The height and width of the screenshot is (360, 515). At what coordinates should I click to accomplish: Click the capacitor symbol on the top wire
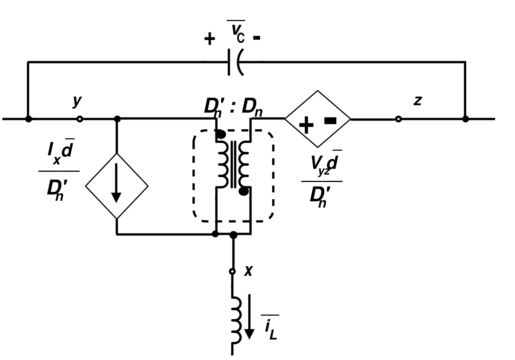pos(236,62)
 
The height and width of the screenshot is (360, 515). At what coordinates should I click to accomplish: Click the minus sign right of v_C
pos(257,38)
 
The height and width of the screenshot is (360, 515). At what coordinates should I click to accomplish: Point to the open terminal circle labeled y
pos(80,119)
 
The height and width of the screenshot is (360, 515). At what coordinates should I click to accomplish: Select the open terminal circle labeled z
pos(398,119)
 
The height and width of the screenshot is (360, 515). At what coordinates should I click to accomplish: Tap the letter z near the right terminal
pos(417,101)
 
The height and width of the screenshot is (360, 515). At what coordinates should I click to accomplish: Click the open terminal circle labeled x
pos(232,271)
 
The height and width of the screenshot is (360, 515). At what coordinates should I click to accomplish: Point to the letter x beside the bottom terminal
pos(248,271)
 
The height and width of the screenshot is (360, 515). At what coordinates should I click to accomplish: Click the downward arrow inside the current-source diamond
pos(116,183)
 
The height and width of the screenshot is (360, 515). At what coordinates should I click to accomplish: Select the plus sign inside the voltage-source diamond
pos(306,125)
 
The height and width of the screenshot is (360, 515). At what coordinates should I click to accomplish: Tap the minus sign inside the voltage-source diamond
pos(330,121)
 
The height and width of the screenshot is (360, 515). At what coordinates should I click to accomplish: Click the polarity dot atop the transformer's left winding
pos(221,134)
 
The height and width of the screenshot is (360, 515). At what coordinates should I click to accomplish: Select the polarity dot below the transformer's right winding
pos(244,191)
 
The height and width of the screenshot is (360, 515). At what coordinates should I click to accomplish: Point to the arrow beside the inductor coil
pos(250,317)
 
